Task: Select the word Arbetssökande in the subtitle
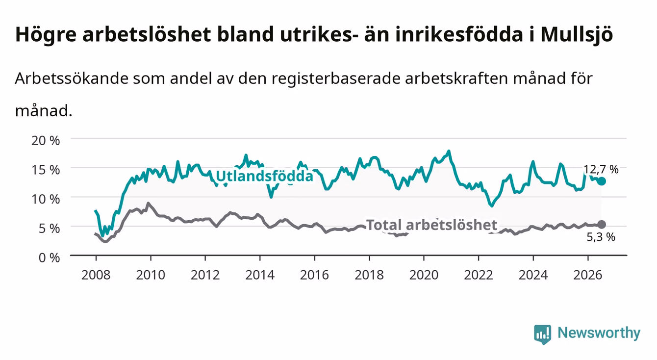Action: [72, 78]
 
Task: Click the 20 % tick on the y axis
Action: [46, 141]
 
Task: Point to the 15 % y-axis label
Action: [46, 170]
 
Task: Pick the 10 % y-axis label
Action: [46, 199]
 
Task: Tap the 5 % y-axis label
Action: [49, 228]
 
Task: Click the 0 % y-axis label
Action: [49, 257]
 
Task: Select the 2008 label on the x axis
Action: [96, 275]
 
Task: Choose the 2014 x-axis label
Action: [260, 275]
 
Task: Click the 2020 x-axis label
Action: [424, 275]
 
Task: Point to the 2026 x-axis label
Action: [588, 275]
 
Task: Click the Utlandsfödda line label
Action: [264, 177]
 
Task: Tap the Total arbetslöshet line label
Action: [432, 225]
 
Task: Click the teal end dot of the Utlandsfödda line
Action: [602, 181]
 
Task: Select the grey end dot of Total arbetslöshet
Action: [602, 225]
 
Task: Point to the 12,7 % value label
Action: [601, 170]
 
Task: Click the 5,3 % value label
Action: [601, 237]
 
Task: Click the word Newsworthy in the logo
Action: [599, 333]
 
